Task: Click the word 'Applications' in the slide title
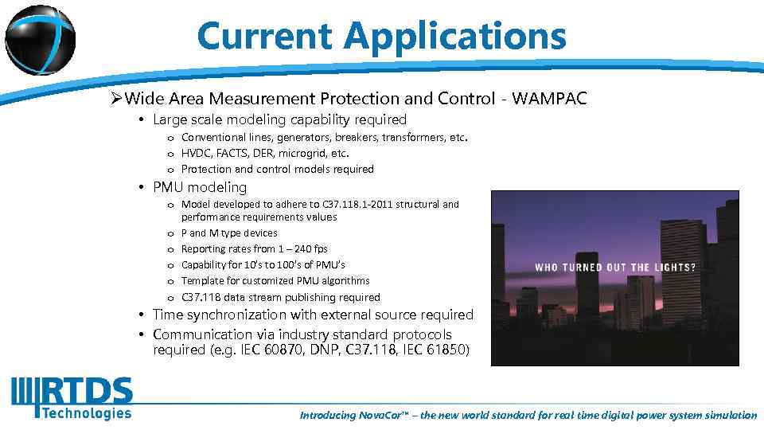(455, 36)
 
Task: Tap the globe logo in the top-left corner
(40, 40)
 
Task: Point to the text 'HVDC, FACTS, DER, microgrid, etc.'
(265, 153)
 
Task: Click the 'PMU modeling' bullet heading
(200, 187)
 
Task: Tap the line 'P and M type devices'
(229, 233)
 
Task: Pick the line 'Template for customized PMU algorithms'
(275, 281)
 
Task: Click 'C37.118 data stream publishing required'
(280, 297)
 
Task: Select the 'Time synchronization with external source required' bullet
(313, 315)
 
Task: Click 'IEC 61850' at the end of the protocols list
(442, 350)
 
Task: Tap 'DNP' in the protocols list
(319, 350)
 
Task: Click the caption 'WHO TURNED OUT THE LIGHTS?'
(615, 268)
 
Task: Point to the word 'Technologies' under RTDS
(87, 412)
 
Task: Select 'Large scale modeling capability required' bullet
(279, 120)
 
